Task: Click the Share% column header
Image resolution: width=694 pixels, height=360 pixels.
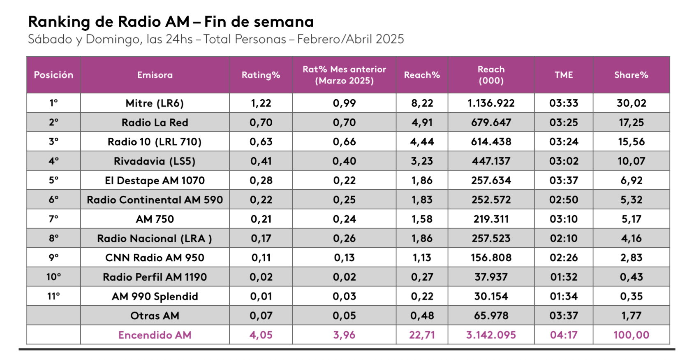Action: coord(631,75)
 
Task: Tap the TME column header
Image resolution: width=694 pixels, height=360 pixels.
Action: coord(564,75)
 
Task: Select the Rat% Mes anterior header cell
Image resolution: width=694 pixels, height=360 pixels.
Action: coord(344,75)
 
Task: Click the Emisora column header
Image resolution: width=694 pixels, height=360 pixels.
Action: coord(155,75)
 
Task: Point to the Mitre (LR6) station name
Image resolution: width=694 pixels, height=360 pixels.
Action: coord(155,103)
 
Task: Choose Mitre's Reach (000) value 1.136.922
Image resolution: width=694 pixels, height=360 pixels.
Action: coord(491,103)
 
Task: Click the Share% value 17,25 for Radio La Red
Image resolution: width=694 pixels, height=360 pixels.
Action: coord(631,123)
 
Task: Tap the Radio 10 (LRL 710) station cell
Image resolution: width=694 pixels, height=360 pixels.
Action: coord(155,142)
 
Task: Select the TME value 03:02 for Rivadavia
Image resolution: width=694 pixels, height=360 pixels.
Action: coord(564,161)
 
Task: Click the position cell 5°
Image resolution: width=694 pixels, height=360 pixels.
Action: coord(54,181)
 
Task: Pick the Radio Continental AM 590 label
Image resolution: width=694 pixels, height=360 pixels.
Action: coord(155,200)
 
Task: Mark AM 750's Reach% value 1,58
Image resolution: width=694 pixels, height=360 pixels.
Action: coord(422,219)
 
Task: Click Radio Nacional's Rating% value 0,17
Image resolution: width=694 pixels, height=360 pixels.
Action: coord(261,239)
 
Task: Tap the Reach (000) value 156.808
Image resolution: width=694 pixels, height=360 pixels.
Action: coord(491,258)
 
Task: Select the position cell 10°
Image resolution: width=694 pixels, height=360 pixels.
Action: coord(54,277)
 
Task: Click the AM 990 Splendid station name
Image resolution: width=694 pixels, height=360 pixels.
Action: coord(155,297)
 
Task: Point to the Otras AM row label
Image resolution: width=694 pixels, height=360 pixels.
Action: coord(155,316)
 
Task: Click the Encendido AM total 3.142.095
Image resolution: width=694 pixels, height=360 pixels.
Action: coord(491,335)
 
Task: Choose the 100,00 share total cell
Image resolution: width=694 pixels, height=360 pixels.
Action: coord(631,335)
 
